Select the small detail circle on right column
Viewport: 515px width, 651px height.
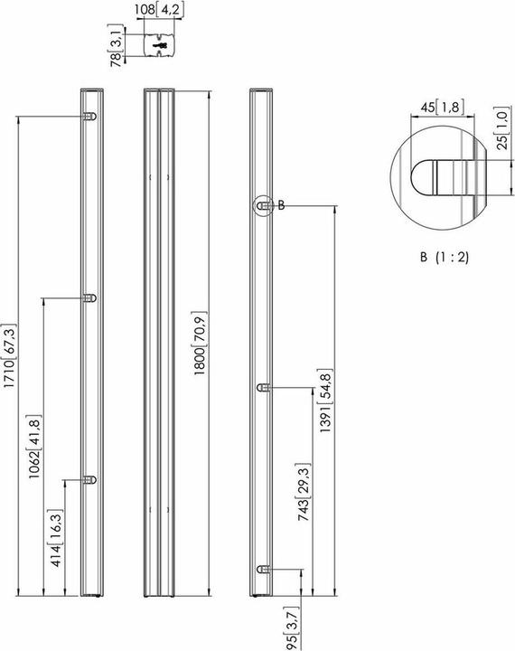click(x=262, y=206)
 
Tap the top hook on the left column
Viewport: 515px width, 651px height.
click(x=89, y=117)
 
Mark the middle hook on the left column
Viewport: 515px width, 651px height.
click(x=89, y=297)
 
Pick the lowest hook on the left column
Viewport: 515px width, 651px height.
click(x=89, y=480)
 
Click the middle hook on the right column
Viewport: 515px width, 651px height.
click(x=262, y=387)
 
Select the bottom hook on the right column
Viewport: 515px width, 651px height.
click(x=262, y=569)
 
